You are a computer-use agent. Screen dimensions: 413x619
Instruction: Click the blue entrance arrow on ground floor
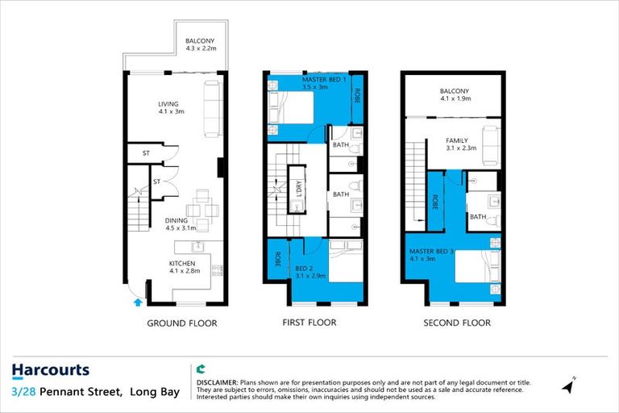pos(136,302)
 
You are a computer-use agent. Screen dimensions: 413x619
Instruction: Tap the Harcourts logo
pos(50,370)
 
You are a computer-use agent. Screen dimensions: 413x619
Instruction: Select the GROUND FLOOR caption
pos(181,323)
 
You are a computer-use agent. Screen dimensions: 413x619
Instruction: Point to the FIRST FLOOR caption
pos(310,323)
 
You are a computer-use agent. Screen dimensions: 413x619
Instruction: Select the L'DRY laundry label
pos(298,189)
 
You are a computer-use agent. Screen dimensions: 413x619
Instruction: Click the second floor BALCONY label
pos(455,94)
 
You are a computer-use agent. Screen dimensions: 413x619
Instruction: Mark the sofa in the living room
pos(212,107)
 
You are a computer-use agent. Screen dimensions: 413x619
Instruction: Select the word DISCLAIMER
pos(217,381)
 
